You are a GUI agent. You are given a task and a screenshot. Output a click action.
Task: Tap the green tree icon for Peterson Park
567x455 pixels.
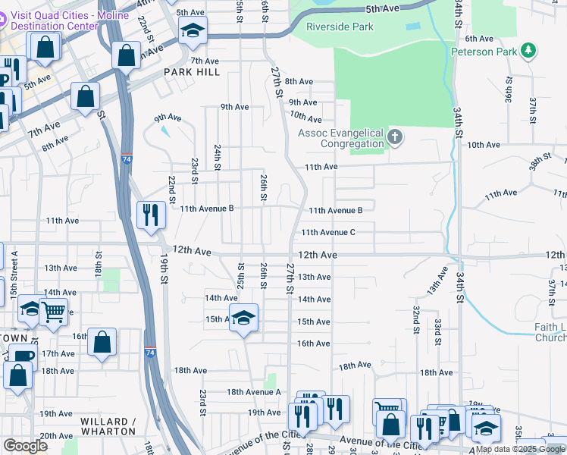pyautogui.click(x=528, y=52)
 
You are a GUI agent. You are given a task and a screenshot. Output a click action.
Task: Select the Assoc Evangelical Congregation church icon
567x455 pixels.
pyautogui.click(x=394, y=137)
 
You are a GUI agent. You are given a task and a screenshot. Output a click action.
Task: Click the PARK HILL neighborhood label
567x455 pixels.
pyautogui.click(x=192, y=72)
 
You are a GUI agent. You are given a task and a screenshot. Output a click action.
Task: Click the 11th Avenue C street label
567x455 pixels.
pyautogui.click(x=328, y=233)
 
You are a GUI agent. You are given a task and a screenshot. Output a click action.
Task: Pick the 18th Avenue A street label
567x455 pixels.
pyautogui.click(x=254, y=391)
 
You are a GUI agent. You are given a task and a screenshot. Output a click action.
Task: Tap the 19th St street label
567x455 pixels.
pyautogui.click(x=164, y=268)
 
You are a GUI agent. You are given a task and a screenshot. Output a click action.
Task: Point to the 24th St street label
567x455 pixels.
pyautogui.click(x=217, y=156)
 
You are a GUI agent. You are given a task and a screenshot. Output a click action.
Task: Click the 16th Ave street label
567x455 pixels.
pyautogui.click(x=313, y=344)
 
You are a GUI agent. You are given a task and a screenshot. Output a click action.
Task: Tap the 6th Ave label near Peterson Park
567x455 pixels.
pyautogui.click(x=479, y=38)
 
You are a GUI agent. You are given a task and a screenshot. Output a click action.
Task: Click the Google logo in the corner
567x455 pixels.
pyautogui.click(x=26, y=446)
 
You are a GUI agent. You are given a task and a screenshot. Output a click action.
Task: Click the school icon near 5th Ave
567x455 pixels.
pyautogui.click(x=193, y=31)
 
